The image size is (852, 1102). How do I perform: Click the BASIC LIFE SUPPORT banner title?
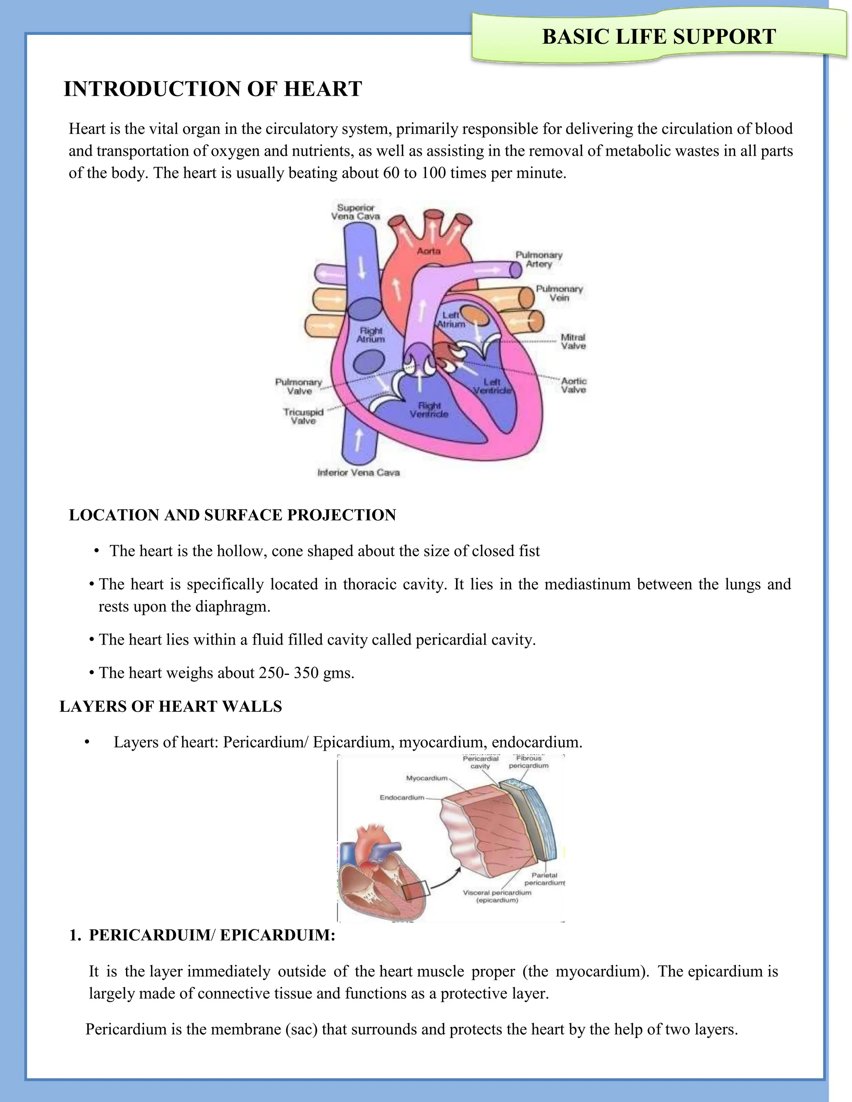[659, 37]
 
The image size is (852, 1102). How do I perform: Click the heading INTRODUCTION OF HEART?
[213, 89]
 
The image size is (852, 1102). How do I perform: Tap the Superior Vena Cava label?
[355, 212]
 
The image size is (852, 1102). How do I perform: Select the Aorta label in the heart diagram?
[428, 251]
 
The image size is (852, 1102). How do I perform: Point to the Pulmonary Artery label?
[539, 259]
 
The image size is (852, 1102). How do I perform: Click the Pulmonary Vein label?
[559, 293]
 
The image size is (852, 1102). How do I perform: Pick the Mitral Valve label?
[573, 341]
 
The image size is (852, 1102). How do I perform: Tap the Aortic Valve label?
[573, 385]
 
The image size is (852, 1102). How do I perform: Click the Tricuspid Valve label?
[303, 416]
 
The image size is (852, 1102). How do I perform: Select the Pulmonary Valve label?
[298, 386]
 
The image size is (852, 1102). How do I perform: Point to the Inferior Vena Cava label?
[358, 473]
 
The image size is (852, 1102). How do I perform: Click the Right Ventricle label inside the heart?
[429, 410]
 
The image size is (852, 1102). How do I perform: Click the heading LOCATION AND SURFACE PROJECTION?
[232, 515]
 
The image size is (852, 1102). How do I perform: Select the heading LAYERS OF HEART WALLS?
[171, 707]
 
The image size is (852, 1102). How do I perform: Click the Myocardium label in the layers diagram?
[426, 778]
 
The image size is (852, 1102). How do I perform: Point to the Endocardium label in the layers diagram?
[402, 798]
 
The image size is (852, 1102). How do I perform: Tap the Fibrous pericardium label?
[528, 762]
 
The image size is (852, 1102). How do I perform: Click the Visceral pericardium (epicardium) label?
[497, 896]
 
